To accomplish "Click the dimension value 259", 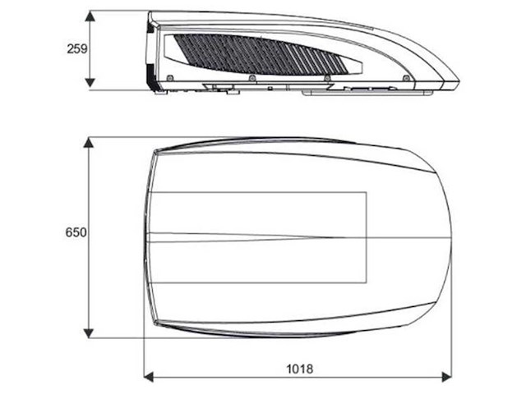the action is tap(76, 49).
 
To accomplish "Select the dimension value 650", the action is tap(76, 232).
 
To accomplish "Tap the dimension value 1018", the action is tap(299, 369).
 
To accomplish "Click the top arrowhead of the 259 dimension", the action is tap(90, 16).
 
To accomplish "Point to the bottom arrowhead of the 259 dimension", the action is tap(90, 83).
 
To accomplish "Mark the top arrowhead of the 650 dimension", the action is tap(88, 142).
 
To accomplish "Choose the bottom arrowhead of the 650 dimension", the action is tap(88, 333).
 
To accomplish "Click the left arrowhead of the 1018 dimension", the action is tap(149, 377).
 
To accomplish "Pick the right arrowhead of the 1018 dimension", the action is tap(447, 377).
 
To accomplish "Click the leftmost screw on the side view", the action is tap(170, 78).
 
